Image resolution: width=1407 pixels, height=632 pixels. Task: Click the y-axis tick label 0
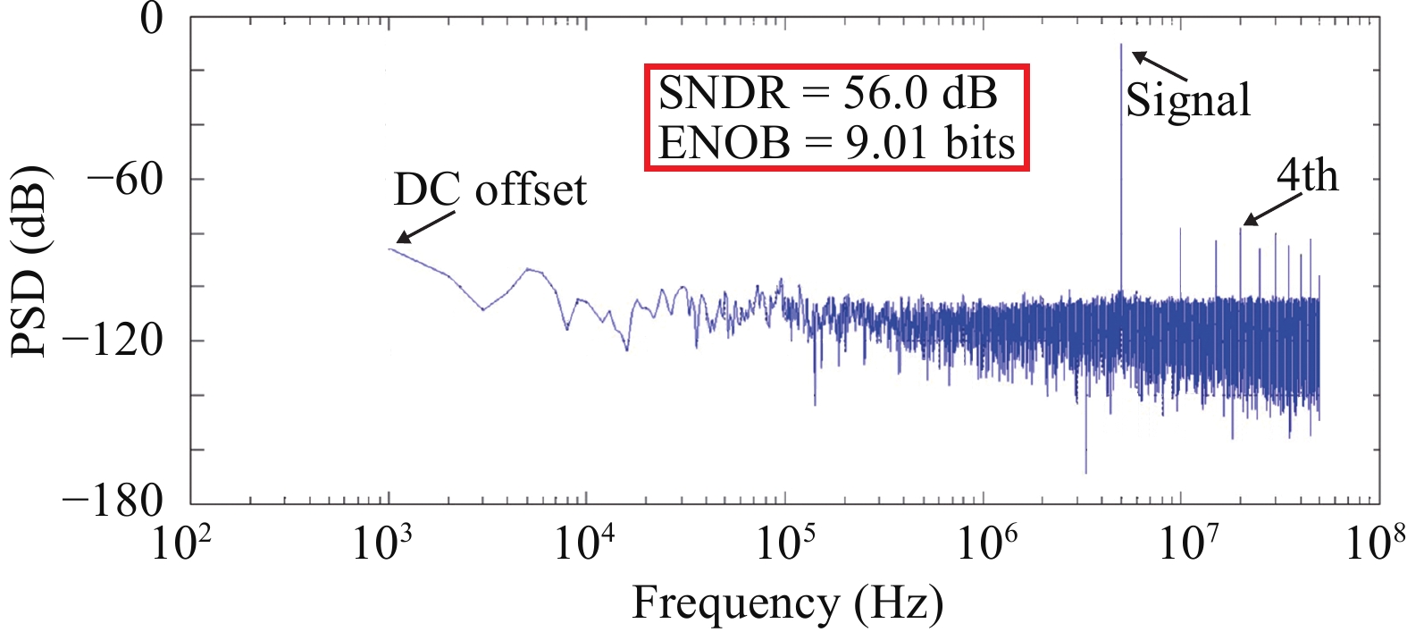(x=153, y=19)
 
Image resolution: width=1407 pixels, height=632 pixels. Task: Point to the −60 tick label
(x=125, y=179)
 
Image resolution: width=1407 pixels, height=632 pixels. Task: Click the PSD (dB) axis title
(x=29, y=261)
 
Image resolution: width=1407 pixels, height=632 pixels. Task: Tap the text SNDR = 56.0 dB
(x=828, y=93)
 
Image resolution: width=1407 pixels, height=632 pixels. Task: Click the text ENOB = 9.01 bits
(x=837, y=142)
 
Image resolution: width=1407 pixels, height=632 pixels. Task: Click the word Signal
(x=1188, y=100)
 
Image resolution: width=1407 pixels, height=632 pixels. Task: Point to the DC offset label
(x=490, y=190)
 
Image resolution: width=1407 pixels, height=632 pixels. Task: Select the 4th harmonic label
(x=1307, y=175)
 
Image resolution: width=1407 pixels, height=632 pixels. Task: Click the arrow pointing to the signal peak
(x=1159, y=65)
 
